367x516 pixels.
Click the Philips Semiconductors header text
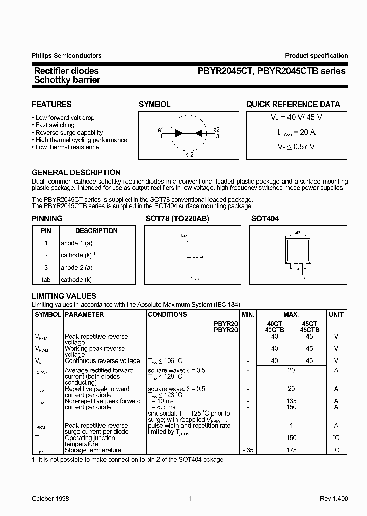66,56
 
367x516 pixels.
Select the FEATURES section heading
51,104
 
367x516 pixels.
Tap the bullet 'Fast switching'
55,125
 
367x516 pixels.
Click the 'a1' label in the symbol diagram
161,129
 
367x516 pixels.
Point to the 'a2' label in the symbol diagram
216,129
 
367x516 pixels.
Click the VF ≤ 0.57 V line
293,146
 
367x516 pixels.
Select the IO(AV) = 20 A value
293,132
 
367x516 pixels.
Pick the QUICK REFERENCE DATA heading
293,104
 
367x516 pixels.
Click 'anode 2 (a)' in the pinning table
76,268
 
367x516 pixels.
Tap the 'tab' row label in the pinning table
46,280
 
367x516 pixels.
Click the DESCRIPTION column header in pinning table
96,231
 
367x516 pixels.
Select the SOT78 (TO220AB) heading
177,218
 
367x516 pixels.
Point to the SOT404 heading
265,218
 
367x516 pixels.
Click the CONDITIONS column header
167,315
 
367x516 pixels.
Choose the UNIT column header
336,315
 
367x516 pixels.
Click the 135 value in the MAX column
291,401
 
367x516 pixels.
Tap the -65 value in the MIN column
248,450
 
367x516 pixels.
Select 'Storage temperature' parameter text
93,450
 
